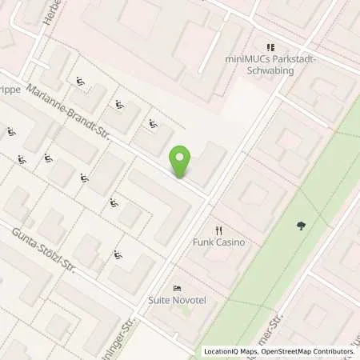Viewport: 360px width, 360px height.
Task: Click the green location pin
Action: (182, 162)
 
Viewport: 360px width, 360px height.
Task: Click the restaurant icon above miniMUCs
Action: (270, 47)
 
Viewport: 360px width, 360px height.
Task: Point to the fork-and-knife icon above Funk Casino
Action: (207, 230)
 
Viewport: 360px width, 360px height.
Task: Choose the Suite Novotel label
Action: (177, 301)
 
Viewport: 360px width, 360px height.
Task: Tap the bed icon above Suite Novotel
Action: (177, 289)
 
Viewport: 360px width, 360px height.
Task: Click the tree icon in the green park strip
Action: (300, 226)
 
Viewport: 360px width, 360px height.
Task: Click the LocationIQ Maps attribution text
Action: (231, 351)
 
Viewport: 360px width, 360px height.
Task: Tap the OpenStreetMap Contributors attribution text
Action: (308, 351)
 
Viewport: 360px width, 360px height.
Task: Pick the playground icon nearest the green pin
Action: (152, 124)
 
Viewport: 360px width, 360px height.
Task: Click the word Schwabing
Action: (269, 70)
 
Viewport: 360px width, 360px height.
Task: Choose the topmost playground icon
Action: (80, 80)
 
